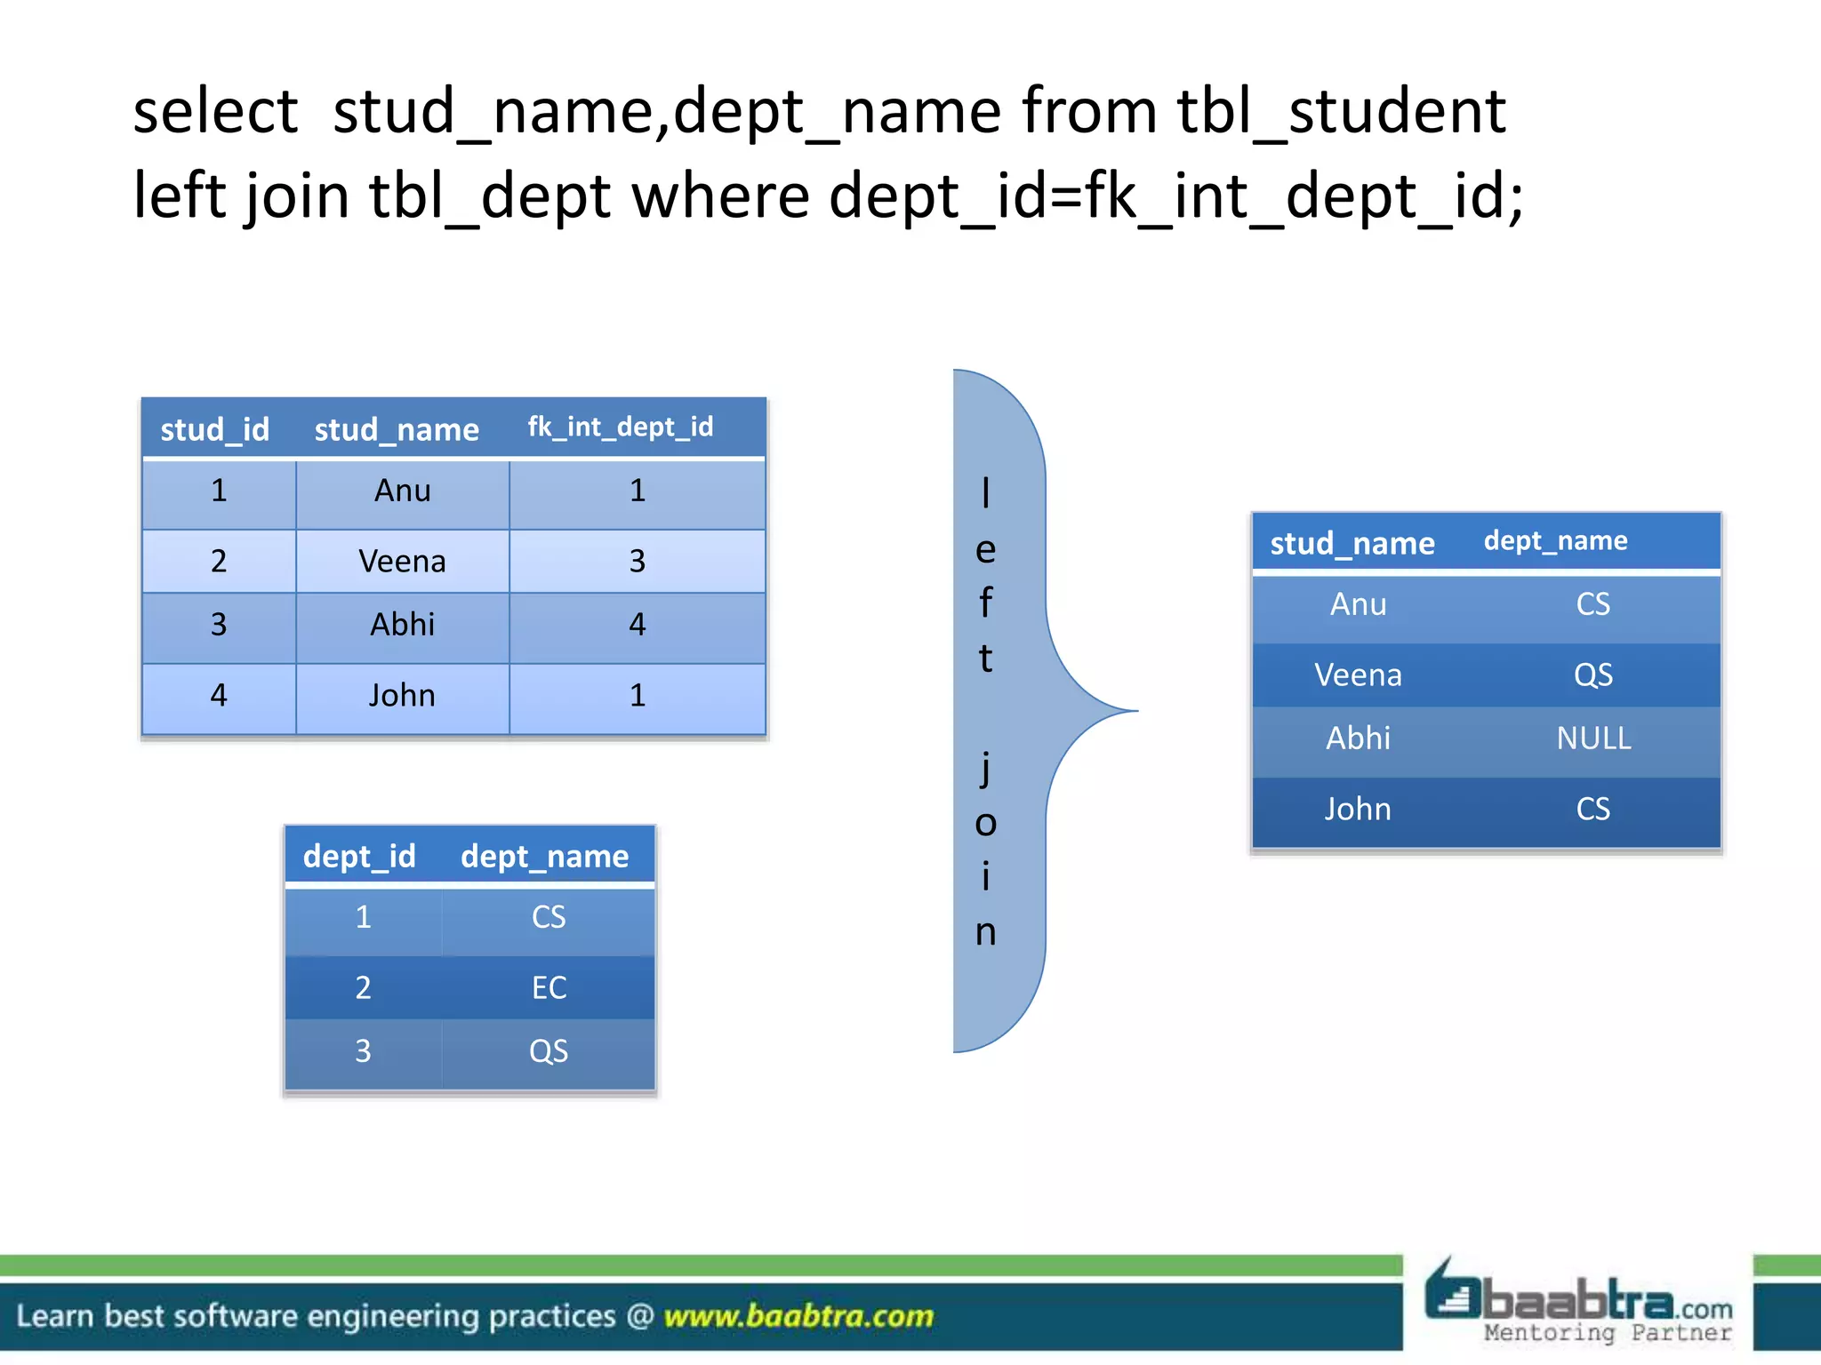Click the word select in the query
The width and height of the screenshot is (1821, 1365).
[215, 112]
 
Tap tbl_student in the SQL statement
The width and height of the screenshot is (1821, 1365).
[1341, 112]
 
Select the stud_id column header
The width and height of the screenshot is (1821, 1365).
[214, 429]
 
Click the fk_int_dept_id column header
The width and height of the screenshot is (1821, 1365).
[620, 427]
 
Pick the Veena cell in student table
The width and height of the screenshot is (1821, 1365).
[402, 562]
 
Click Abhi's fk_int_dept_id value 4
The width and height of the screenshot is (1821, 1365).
[637, 625]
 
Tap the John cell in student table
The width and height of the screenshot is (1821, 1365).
[402, 695]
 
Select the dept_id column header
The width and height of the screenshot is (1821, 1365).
[359, 856]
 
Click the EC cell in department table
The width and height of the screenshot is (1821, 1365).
[549, 987]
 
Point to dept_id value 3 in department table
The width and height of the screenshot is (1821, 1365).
[363, 1051]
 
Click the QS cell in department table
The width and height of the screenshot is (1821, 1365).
[549, 1051]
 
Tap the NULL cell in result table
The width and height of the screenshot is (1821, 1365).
[1593, 738]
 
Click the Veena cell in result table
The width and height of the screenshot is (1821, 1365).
[1358, 675]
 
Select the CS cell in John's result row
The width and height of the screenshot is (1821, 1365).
[1593, 809]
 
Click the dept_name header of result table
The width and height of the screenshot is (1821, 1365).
[1555, 541]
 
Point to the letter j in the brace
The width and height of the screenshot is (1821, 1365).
[985, 768]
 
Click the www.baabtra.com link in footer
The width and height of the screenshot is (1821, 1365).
[798, 1316]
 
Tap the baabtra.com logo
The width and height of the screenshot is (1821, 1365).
[1578, 1303]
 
